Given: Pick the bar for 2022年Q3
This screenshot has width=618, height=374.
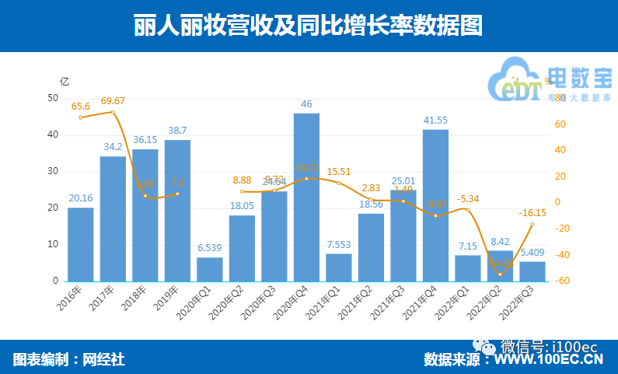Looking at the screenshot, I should click(532, 271).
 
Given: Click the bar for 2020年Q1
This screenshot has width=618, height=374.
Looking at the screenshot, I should click(209, 269).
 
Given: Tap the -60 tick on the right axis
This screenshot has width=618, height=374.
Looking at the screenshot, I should click(565, 281).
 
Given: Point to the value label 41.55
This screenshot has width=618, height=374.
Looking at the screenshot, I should click(435, 120).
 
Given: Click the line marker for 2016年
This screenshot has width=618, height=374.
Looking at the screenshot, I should click(80, 117).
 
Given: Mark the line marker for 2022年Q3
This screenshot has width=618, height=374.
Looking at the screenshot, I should click(532, 224).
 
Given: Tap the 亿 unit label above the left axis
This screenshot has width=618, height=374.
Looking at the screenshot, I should click(65, 81).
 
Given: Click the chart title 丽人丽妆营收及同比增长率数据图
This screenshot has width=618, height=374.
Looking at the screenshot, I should click(308, 26).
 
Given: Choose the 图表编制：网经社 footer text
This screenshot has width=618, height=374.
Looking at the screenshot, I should click(68, 359).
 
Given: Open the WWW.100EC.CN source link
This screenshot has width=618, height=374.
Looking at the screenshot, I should click(550, 360).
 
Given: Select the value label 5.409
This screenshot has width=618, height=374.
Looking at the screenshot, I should click(532, 253).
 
